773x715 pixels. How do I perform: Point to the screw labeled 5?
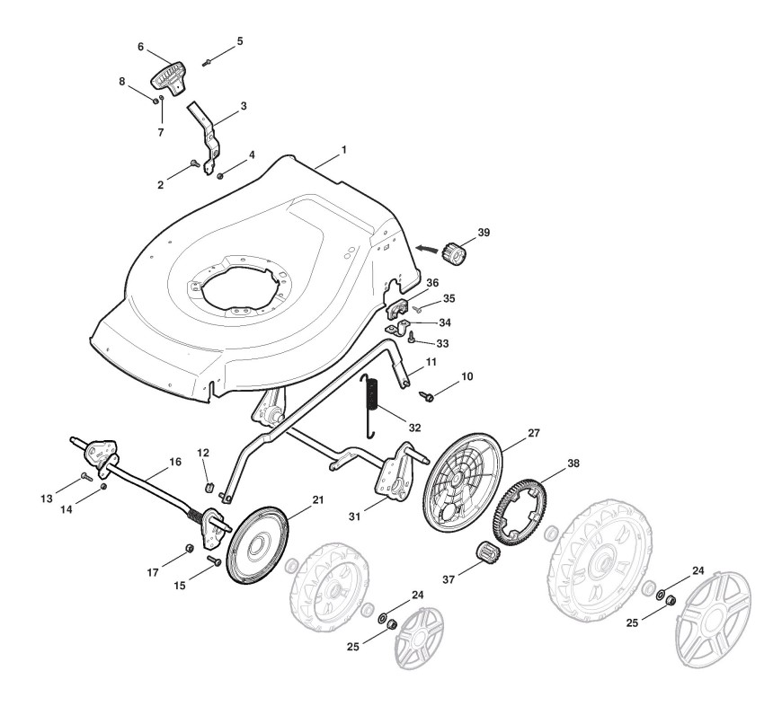tap(208, 62)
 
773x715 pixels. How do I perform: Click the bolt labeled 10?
tap(429, 395)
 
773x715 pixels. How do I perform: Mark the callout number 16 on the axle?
tap(175, 462)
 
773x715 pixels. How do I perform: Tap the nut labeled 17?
tap(191, 548)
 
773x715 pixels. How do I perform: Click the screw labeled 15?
tap(217, 560)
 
